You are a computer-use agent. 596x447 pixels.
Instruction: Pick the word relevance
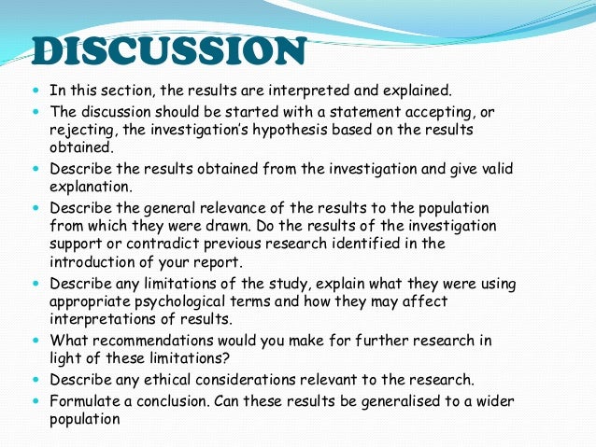tap(249, 207)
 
